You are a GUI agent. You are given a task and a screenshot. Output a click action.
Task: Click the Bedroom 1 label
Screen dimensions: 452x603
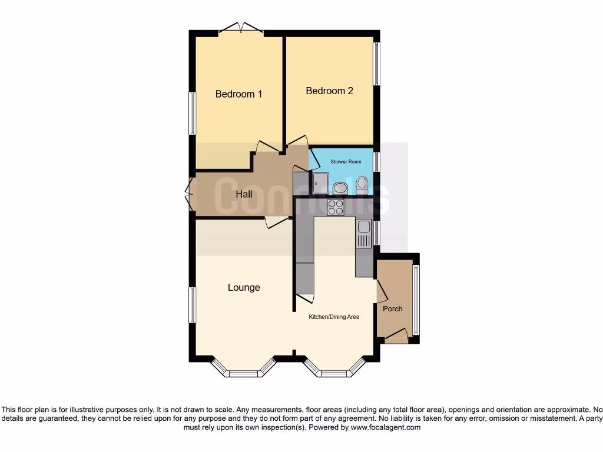[238, 94]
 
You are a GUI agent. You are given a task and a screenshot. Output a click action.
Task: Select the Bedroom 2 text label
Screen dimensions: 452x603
[329, 91]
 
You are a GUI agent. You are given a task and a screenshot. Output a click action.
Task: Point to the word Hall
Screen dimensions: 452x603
[244, 194]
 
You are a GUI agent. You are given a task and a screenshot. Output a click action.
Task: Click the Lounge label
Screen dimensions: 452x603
[244, 288]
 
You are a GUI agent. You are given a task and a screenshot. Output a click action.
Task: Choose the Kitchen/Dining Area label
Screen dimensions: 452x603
[334, 317]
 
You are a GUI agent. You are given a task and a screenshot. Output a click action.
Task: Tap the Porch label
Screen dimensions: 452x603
[393, 309]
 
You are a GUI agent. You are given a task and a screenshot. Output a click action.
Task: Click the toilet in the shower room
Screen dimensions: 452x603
[362, 185]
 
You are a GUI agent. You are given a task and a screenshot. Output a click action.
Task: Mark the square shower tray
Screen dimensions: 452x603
[322, 183]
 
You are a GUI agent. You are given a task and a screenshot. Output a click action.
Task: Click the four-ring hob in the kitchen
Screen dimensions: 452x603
[336, 207]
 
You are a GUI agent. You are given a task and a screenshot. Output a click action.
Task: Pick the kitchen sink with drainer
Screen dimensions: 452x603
[363, 232]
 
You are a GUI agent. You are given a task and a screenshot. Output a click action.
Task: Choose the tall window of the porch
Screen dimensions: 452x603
[416, 300]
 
